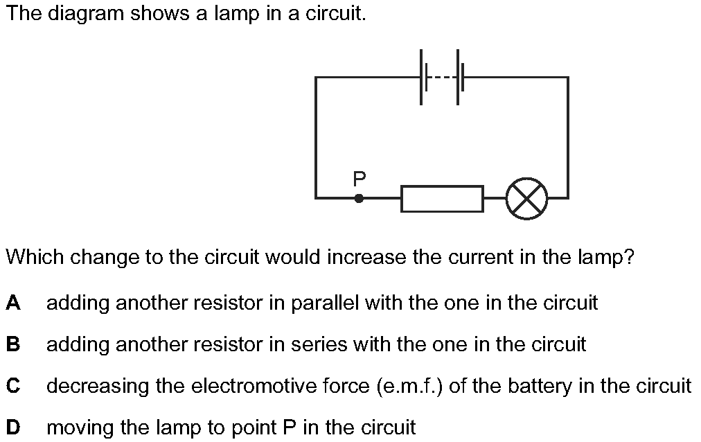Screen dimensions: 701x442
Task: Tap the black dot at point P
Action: click(359, 198)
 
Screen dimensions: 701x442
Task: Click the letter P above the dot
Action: click(359, 179)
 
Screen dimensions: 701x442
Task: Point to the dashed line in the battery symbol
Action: click(442, 78)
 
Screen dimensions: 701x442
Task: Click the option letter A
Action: click(13, 303)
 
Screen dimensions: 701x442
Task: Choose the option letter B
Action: click(13, 344)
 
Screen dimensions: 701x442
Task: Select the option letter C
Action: click(13, 386)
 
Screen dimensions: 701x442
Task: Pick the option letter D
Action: click(13, 427)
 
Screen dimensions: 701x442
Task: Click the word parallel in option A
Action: click(325, 303)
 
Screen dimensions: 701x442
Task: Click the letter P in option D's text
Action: click(290, 427)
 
